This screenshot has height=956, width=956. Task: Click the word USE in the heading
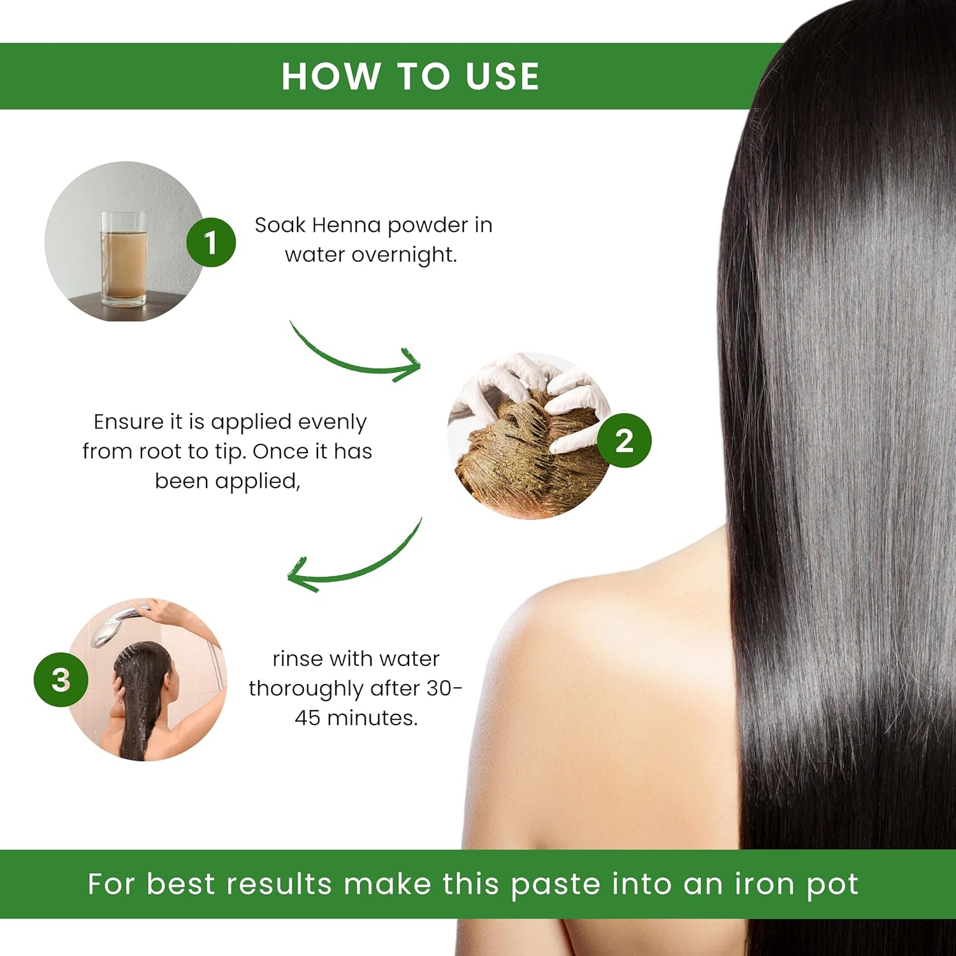pyautogui.click(x=502, y=76)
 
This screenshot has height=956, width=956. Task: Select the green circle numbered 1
pyautogui.click(x=211, y=242)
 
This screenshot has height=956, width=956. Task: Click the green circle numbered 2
pyautogui.click(x=625, y=440)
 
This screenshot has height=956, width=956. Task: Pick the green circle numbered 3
pyautogui.click(x=61, y=679)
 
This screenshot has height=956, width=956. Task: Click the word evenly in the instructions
pyautogui.click(x=332, y=423)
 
